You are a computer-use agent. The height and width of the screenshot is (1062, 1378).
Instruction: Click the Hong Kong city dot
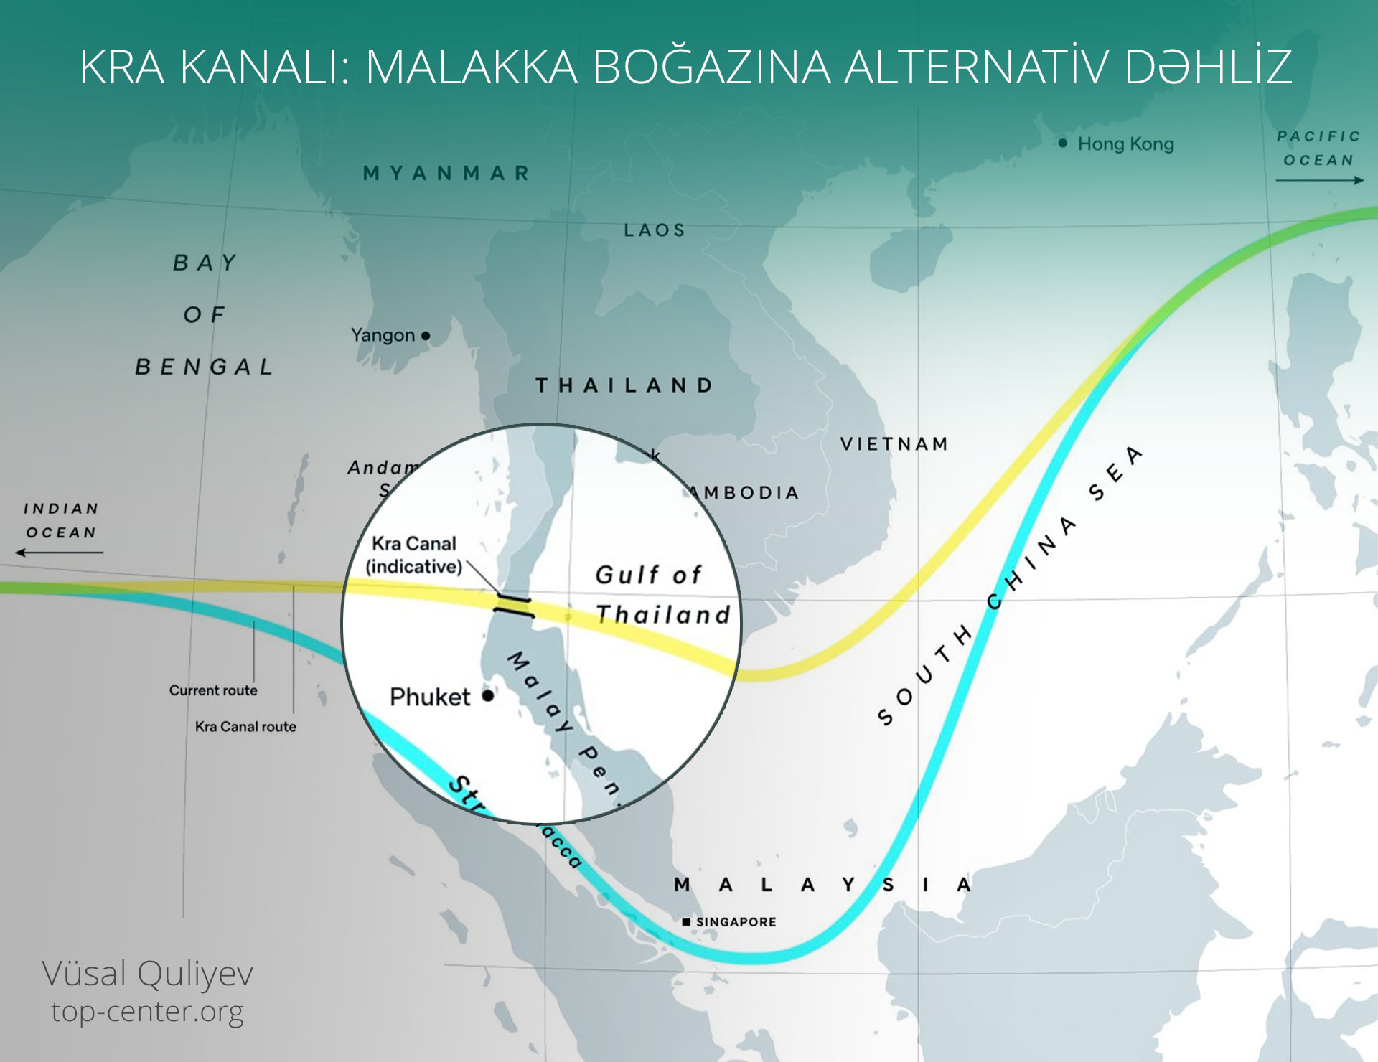tap(1063, 144)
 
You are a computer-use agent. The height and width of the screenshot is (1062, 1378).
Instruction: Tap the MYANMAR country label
tap(446, 174)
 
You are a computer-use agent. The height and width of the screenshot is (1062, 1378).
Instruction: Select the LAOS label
tap(655, 230)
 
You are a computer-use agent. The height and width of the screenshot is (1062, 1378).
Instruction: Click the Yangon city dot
tap(426, 335)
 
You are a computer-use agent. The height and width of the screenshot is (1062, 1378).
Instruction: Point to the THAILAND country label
tap(624, 385)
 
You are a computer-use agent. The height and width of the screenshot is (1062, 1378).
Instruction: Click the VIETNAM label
tap(894, 444)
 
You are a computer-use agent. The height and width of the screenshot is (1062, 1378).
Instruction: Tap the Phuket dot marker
tap(488, 695)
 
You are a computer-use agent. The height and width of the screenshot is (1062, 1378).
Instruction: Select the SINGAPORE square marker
tap(686, 921)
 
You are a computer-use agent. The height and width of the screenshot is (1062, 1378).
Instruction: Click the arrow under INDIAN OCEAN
tap(60, 553)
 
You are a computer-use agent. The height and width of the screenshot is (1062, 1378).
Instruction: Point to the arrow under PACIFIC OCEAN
tap(1319, 180)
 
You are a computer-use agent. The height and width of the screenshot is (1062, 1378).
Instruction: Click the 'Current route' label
tap(213, 690)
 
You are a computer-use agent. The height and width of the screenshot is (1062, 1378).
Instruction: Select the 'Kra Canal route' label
tap(245, 727)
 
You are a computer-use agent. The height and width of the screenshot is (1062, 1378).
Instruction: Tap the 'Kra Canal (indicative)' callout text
tap(414, 555)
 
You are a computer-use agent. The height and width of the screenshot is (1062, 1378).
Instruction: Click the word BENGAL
tap(205, 367)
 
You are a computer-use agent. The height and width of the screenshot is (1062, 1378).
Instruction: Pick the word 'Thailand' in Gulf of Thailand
tap(662, 615)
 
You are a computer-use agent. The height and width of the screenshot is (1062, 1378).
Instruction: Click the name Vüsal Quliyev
tap(147, 974)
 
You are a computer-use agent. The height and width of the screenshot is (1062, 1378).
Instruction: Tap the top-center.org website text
tap(147, 1011)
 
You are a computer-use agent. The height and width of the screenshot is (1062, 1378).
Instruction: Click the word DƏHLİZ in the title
tap(1208, 67)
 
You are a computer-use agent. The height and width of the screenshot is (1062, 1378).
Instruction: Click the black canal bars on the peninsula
tap(514, 606)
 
